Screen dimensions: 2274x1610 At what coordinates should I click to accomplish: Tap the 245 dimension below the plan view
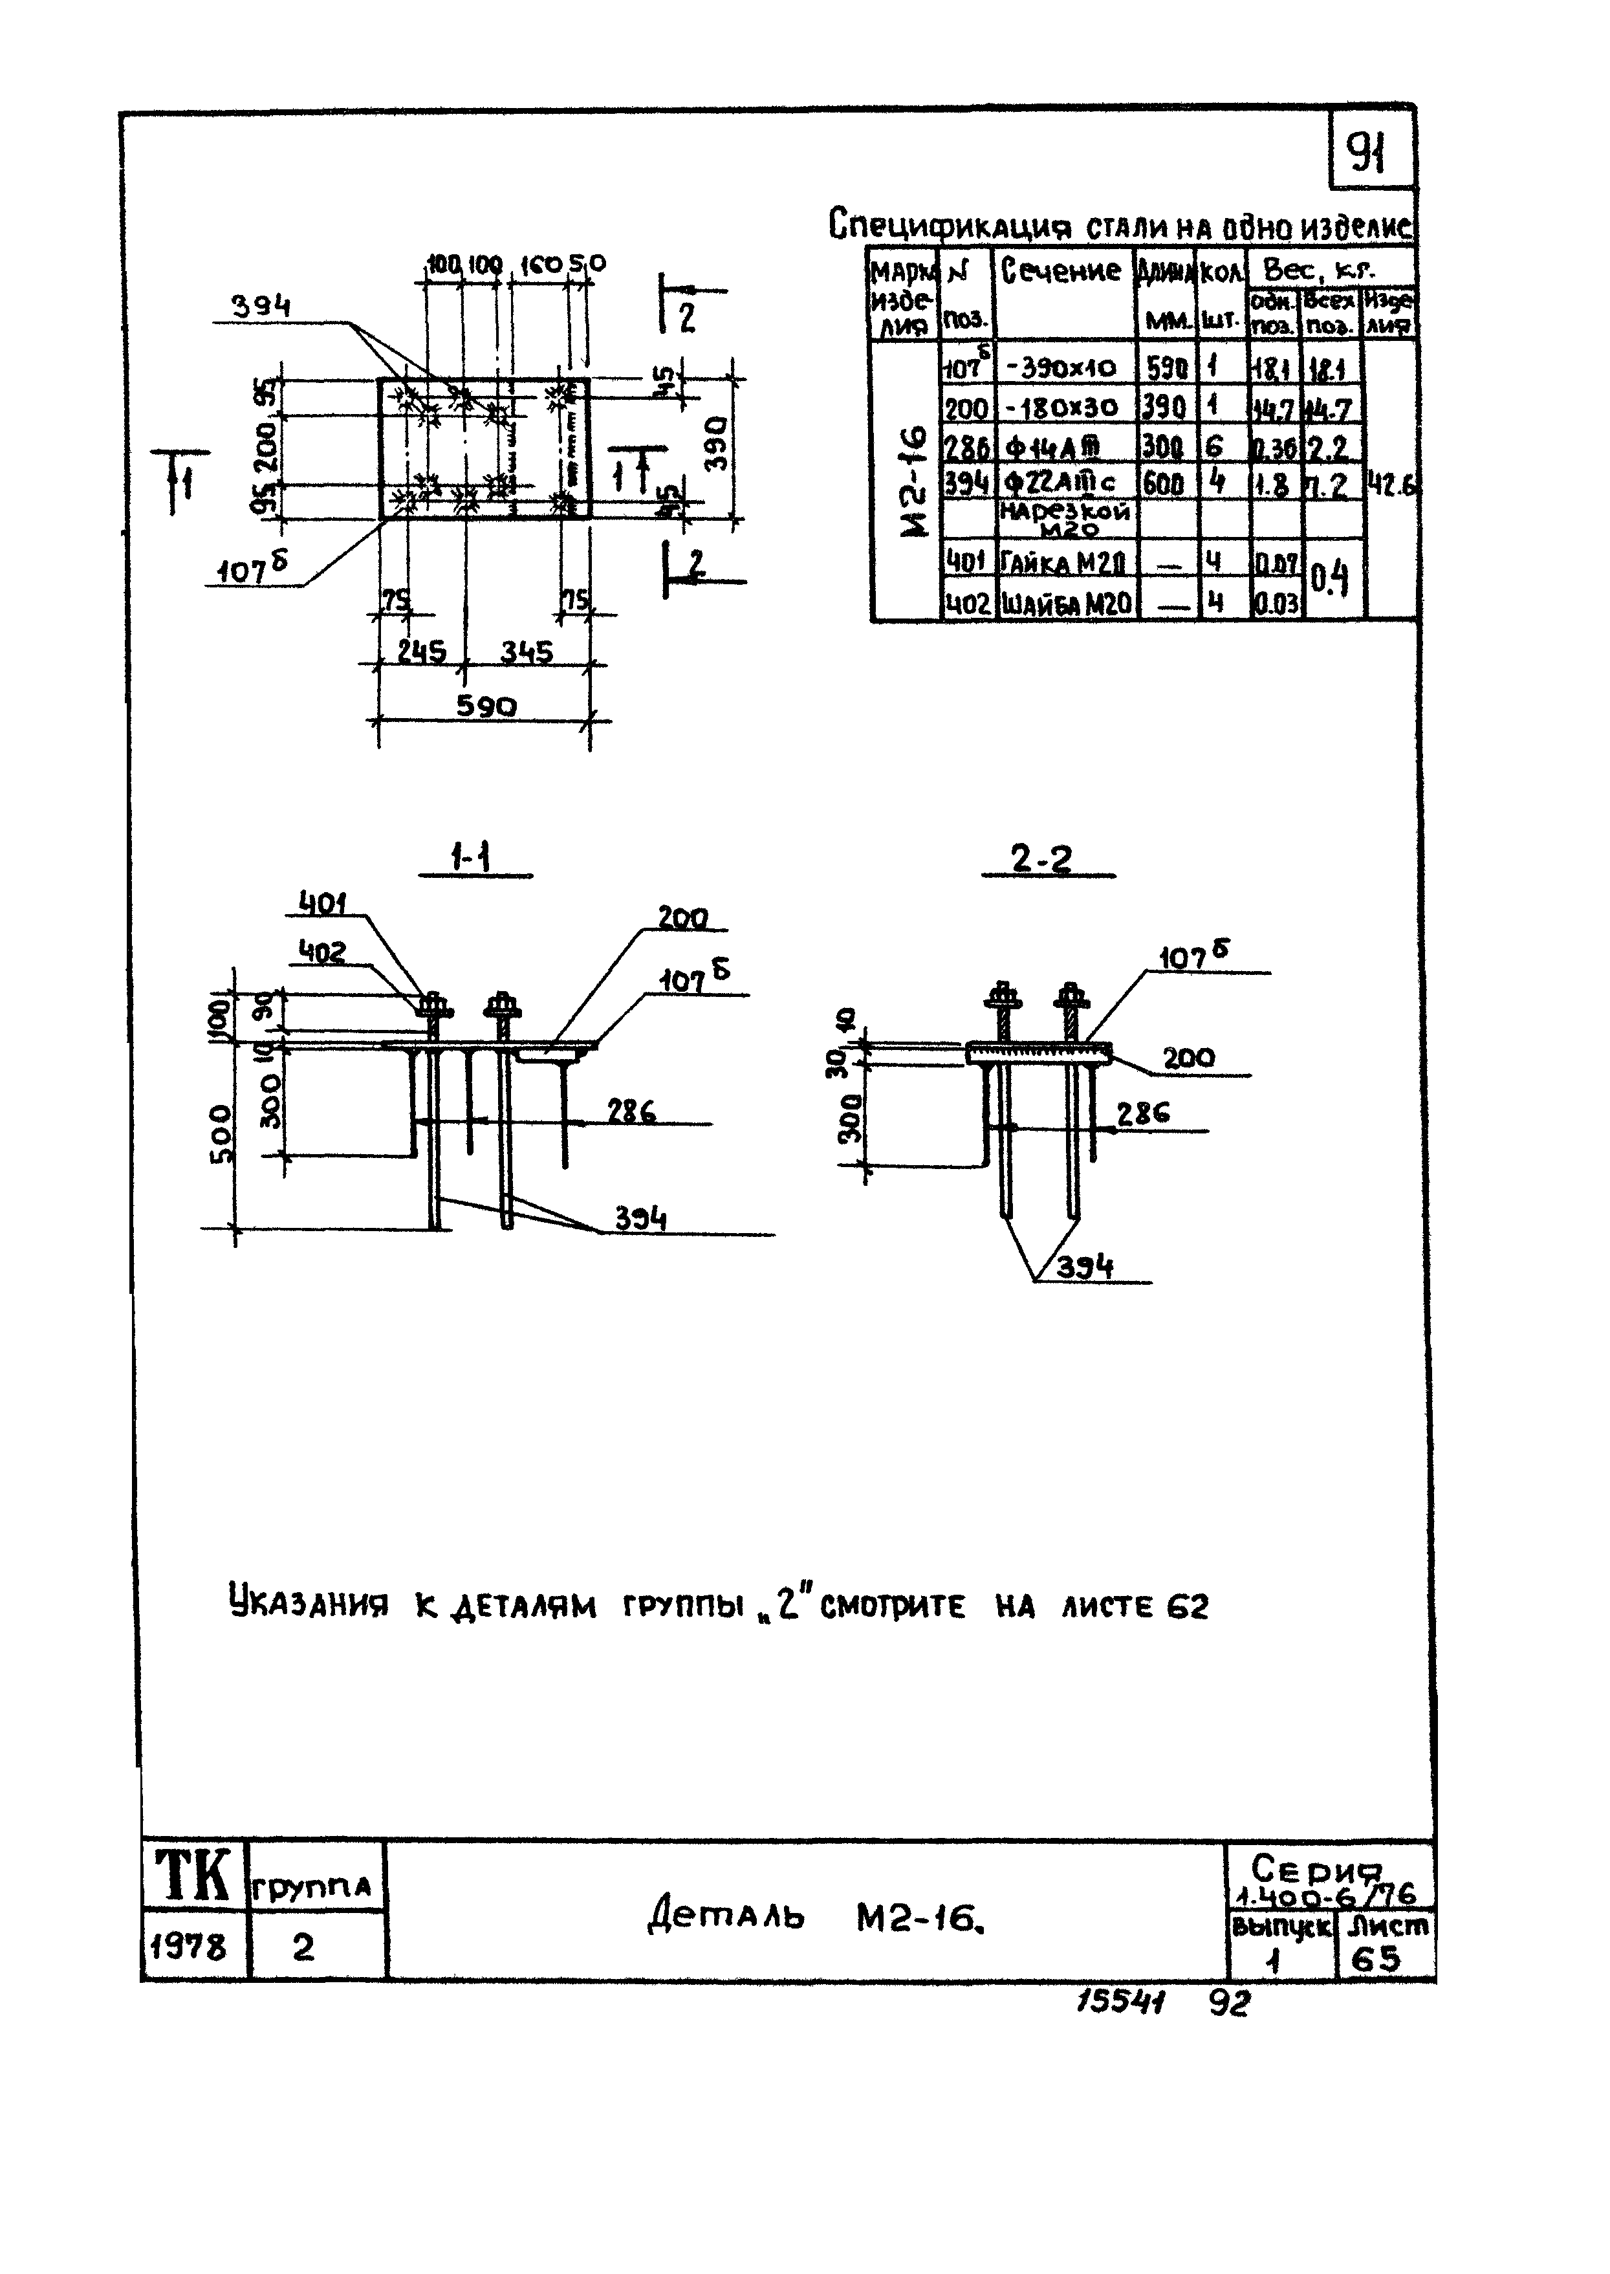coord(421,651)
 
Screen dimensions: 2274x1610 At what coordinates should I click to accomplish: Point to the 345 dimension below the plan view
coord(527,651)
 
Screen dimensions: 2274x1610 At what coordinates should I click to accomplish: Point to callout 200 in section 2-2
coord(1189,1058)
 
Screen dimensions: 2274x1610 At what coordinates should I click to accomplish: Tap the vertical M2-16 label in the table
coord(913,481)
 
